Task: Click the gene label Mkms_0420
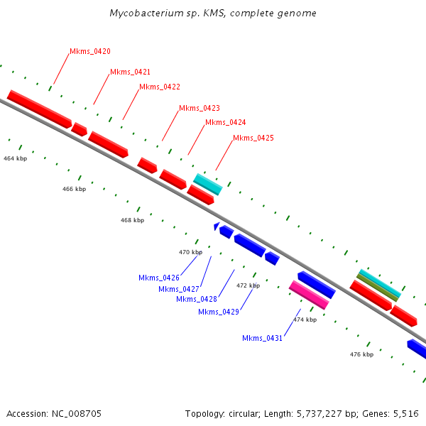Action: tap(89, 52)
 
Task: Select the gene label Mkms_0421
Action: tap(130, 72)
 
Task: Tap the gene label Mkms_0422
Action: tap(159, 87)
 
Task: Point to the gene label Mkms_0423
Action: tap(199, 109)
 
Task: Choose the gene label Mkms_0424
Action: tap(225, 123)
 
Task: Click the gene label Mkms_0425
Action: tap(253, 138)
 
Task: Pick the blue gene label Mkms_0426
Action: tap(158, 278)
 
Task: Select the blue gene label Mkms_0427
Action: tap(178, 289)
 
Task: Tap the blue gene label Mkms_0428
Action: tap(196, 299)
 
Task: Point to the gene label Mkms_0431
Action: tap(262, 338)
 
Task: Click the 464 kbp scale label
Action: tap(15, 158)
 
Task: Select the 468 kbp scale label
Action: tap(132, 221)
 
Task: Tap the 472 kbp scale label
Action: tap(248, 285)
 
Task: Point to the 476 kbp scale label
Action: tap(361, 354)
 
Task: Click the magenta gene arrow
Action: tap(309, 295)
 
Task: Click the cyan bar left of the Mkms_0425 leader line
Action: tap(208, 184)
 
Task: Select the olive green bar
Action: tap(378, 287)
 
